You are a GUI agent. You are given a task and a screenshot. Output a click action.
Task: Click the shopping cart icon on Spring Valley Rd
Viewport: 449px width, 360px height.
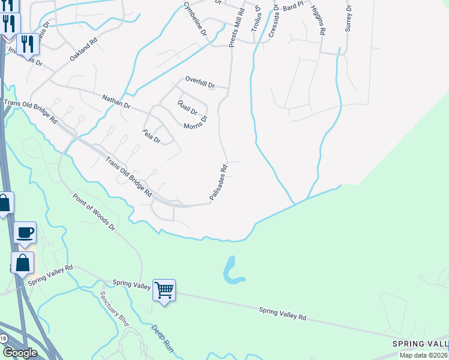(164, 290)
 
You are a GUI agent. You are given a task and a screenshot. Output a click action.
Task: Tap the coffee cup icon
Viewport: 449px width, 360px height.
(25, 232)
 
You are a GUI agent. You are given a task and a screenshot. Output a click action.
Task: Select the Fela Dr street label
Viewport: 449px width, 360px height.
(151, 137)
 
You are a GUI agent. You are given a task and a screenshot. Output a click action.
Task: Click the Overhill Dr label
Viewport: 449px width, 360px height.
(200, 83)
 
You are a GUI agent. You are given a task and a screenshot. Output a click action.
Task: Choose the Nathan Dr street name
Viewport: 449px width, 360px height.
(116, 101)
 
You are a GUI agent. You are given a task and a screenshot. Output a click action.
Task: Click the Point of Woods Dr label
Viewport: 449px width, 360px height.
(94, 211)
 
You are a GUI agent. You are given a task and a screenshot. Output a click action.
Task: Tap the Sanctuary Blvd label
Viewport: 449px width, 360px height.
(115, 308)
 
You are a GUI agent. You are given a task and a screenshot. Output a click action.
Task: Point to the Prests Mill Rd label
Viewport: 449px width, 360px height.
(237, 28)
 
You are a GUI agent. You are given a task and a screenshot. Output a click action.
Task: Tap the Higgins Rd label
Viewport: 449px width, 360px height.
(318, 20)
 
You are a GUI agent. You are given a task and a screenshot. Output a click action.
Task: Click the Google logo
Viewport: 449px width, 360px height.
(20, 353)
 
